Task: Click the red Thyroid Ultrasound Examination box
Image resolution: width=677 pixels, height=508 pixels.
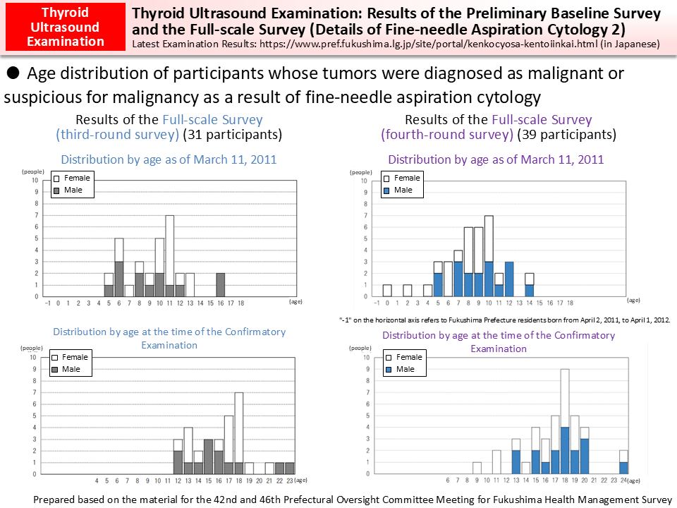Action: point(65,27)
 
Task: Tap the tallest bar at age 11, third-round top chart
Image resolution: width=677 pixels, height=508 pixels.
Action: point(169,255)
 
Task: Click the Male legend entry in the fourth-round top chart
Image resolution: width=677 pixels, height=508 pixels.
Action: point(401,190)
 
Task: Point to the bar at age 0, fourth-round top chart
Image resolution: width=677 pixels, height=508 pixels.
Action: point(386,291)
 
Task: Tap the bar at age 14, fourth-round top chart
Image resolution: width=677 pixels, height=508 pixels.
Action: point(529,284)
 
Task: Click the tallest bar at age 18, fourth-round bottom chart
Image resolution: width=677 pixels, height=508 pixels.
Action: point(565,421)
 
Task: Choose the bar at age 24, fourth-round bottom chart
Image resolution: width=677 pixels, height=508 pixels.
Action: point(623,462)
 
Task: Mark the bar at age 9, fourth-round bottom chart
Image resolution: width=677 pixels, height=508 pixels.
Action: point(477,468)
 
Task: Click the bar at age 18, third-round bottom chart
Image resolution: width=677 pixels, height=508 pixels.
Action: point(239,433)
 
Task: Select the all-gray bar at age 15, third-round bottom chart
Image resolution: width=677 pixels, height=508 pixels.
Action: point(209,456)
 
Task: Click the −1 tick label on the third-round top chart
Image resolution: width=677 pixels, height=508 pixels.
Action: point(47,303)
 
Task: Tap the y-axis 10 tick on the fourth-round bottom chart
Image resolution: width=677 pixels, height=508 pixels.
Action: point(365,358)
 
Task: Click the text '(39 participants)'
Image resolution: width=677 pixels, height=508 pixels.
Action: point(566,134)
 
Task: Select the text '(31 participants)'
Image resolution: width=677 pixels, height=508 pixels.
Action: point(233,134)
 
